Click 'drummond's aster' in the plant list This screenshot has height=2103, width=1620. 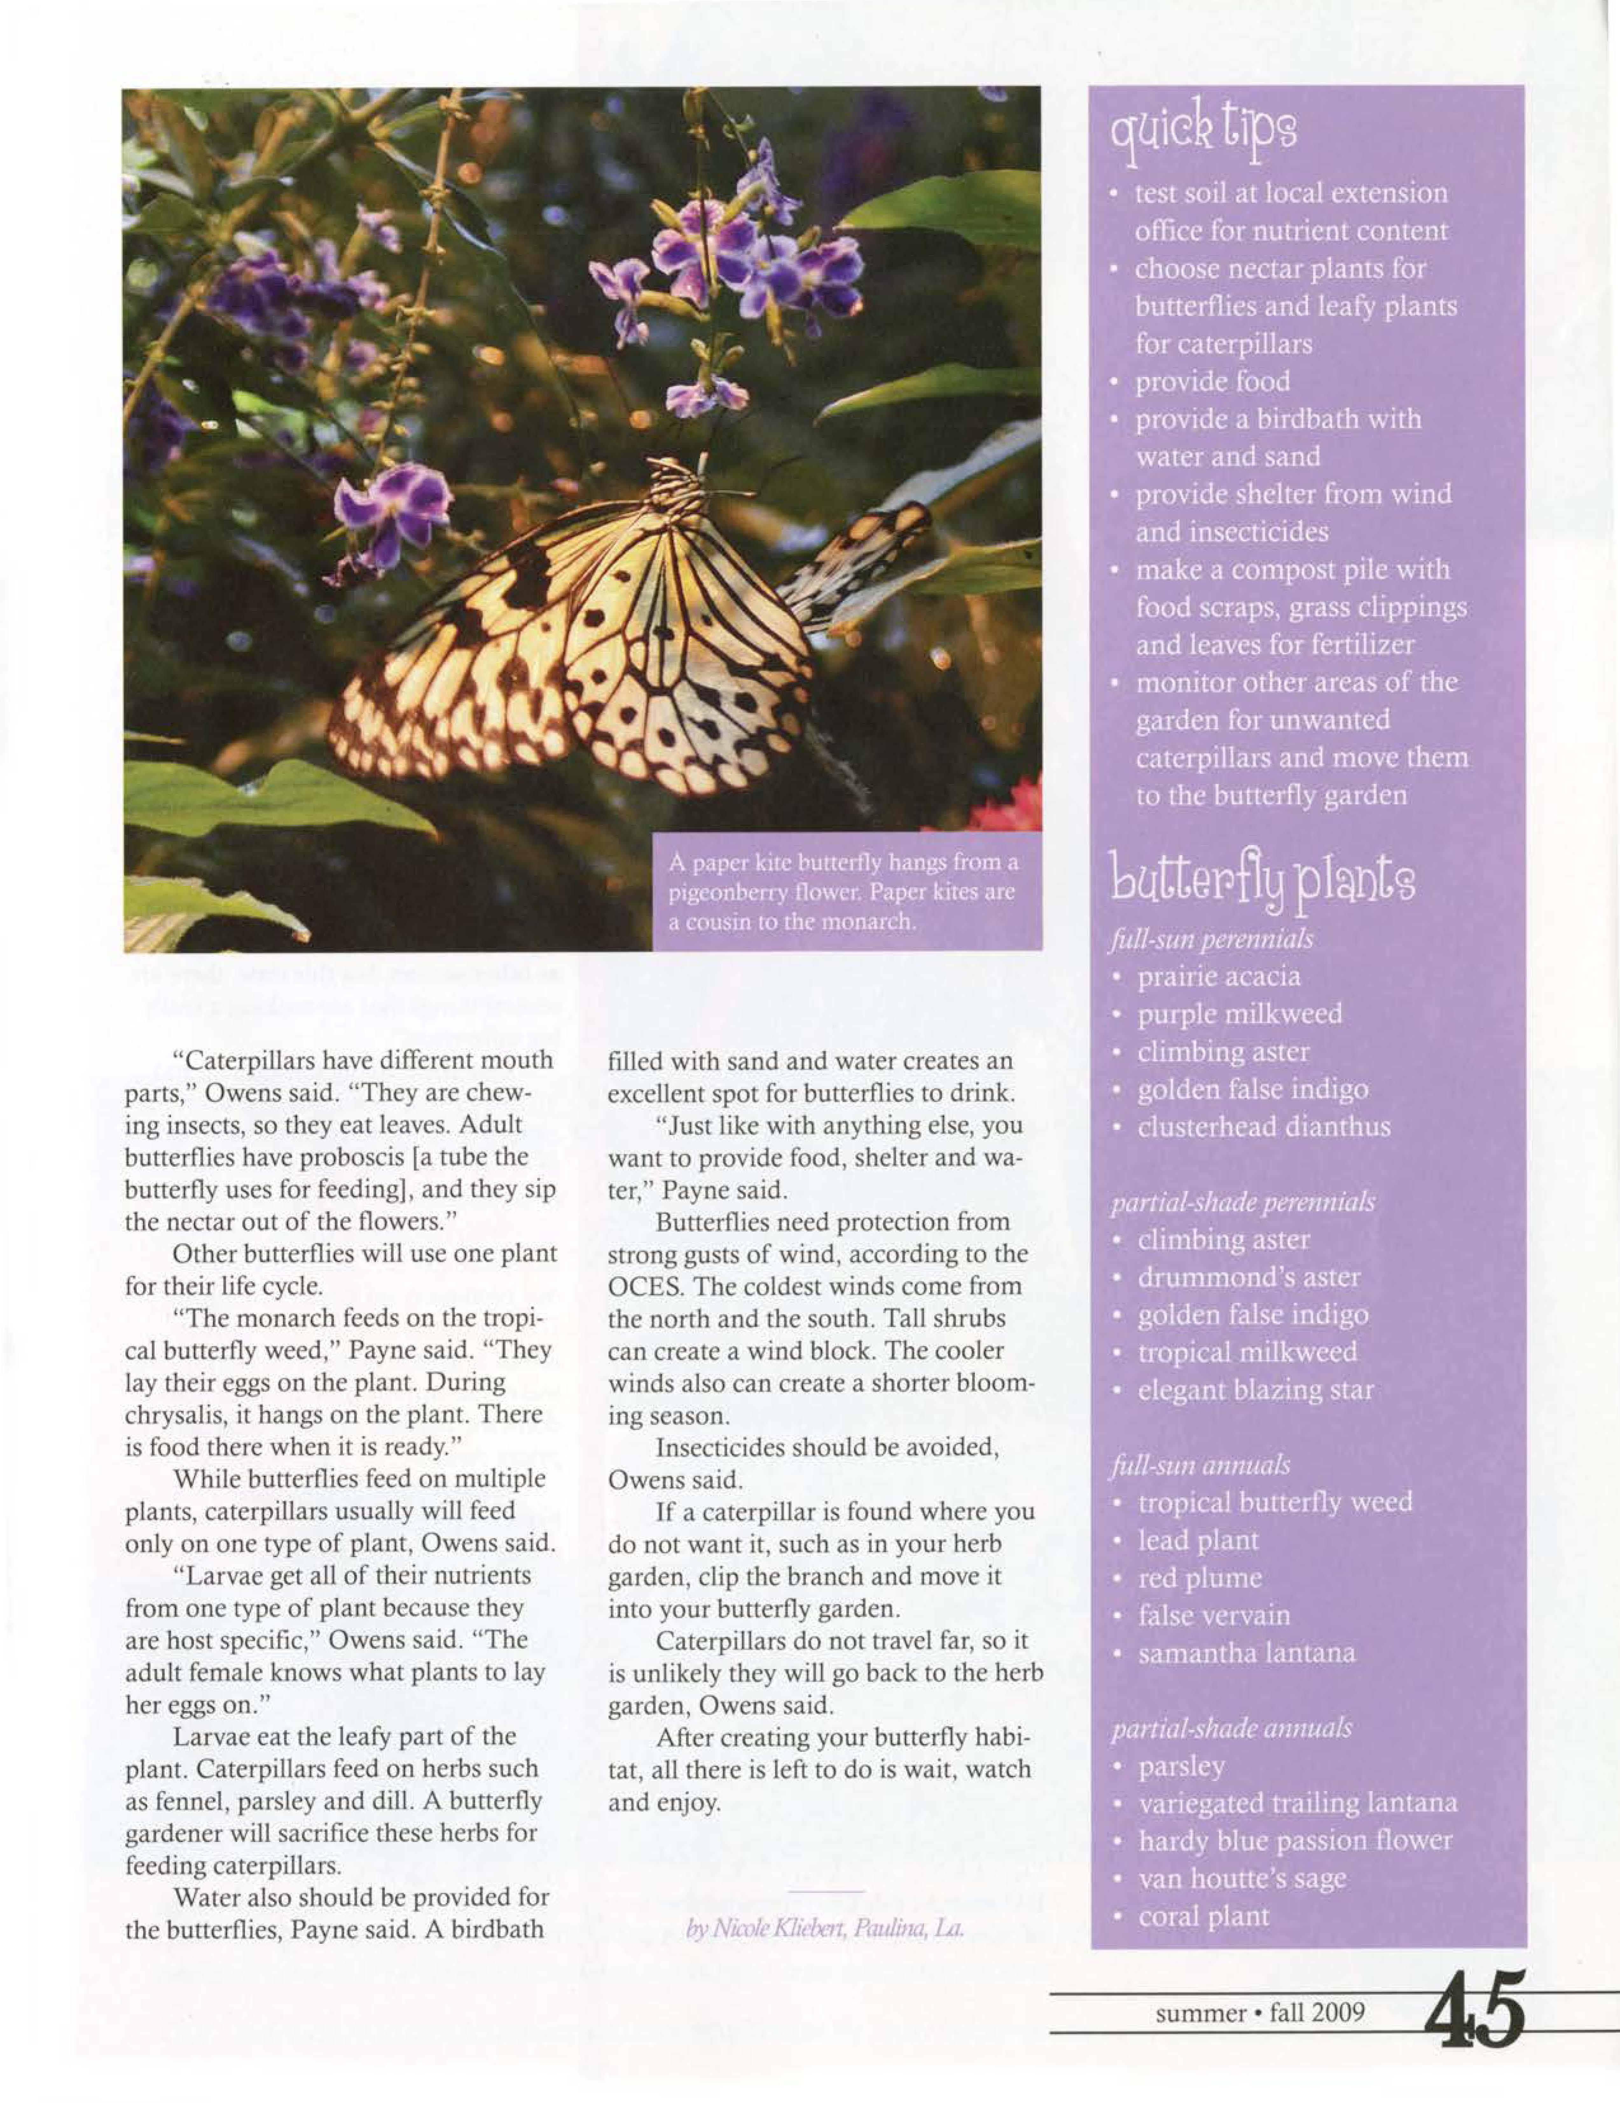pos(1249,1278)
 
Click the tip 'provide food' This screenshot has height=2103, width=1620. pos(1213,382)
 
